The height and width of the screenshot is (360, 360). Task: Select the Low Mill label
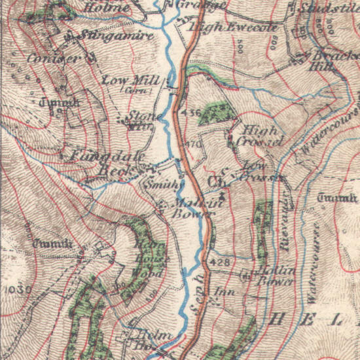coord(132,80)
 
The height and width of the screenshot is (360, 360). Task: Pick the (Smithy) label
coord(162,185)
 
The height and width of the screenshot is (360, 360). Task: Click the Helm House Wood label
coord(147,258)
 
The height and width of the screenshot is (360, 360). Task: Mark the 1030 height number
coord(15,289)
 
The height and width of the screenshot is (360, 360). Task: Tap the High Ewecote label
coord(233,27)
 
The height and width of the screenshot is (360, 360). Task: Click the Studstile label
coord(328,10)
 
